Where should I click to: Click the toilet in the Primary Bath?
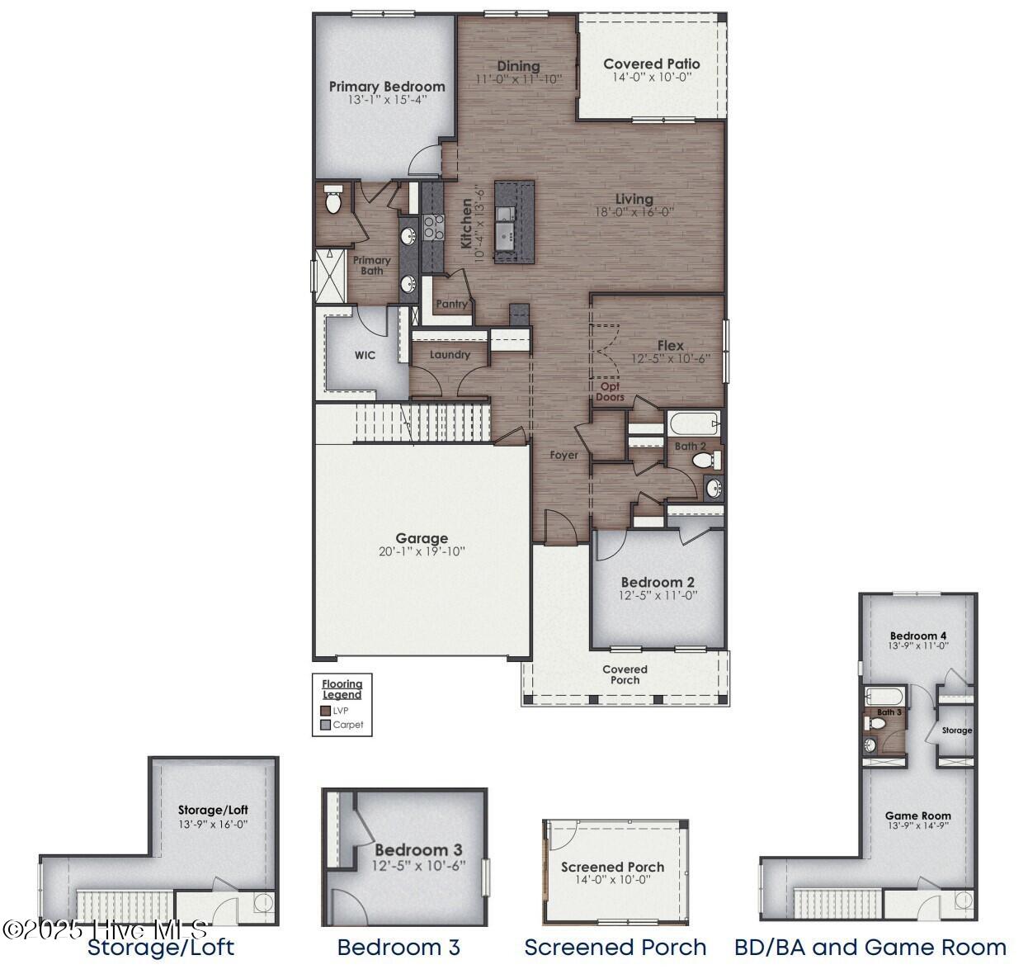(333, 201)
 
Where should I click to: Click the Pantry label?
(451, 304)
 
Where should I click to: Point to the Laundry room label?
(450, 355)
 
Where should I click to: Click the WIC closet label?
(365, 356)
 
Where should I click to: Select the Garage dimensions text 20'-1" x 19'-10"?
(422, 552)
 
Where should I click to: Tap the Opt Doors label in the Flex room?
(611, 392)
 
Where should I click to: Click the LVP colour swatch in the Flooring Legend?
(325, 711)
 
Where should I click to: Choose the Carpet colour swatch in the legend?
(325, 726)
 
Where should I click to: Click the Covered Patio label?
(651, 64)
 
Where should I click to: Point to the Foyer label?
(564, 455)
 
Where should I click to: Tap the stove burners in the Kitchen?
(433, 226)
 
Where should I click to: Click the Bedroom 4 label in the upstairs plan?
(917, 636)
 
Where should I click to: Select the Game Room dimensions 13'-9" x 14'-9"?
(917, 825)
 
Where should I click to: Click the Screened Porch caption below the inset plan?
(615, 948)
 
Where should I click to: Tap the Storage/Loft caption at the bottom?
(161, 948)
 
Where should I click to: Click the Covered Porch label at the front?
(625, 674)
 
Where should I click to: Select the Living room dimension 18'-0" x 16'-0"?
(634, 211)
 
